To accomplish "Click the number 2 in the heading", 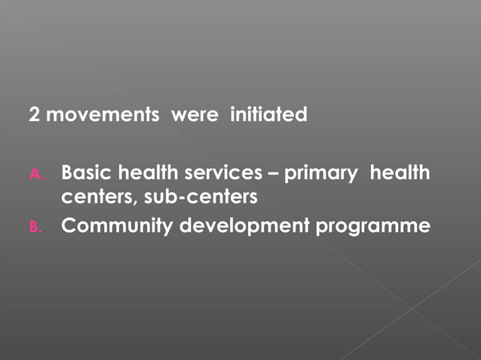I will point(34,115).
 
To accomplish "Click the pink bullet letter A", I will point(38,175).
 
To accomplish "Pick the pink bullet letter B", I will point(38,227).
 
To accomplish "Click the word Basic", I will point(86,173).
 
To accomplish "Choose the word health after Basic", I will point(145,173).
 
